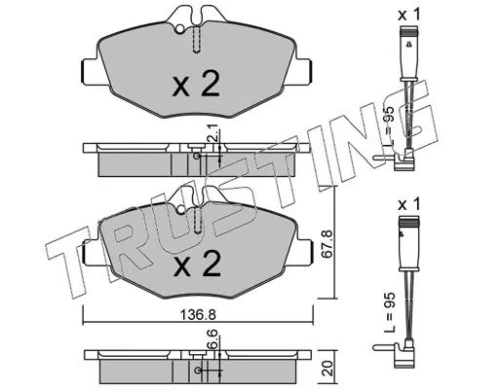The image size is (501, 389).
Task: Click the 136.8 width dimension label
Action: [198, 315]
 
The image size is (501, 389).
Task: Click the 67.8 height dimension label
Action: [327, 244]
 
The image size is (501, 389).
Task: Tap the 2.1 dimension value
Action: [214, 135]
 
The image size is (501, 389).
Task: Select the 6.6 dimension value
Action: [213, 340]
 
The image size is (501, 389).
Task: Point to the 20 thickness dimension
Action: [328, 368]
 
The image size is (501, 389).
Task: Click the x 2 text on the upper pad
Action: [196, 84]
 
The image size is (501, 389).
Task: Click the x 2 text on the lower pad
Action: [197, 264]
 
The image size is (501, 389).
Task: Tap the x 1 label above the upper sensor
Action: [409, 15]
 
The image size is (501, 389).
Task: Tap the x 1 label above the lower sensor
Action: [409, 204]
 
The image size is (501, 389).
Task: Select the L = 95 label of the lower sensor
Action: [389, 312]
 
